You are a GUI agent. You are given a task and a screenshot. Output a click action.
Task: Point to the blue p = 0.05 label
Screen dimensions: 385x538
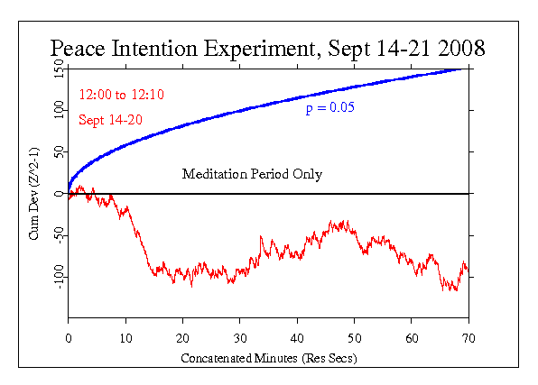pos(328,108)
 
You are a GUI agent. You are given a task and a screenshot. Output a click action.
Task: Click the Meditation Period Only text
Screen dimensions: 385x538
pos(252,174)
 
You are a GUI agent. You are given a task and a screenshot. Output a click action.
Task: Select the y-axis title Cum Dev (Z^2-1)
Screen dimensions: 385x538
pos(34,193)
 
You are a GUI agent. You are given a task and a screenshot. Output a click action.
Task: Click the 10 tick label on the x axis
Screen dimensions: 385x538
pos(125,337)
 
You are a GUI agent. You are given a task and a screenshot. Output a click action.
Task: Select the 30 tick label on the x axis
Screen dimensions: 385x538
pos(240,337)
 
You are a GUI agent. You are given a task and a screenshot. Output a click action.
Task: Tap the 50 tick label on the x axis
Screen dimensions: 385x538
pos(354,337)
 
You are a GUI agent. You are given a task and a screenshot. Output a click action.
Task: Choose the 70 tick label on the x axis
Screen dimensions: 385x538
pos(468,337)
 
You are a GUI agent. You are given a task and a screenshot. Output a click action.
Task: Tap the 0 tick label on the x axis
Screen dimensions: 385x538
pos(69,337)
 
